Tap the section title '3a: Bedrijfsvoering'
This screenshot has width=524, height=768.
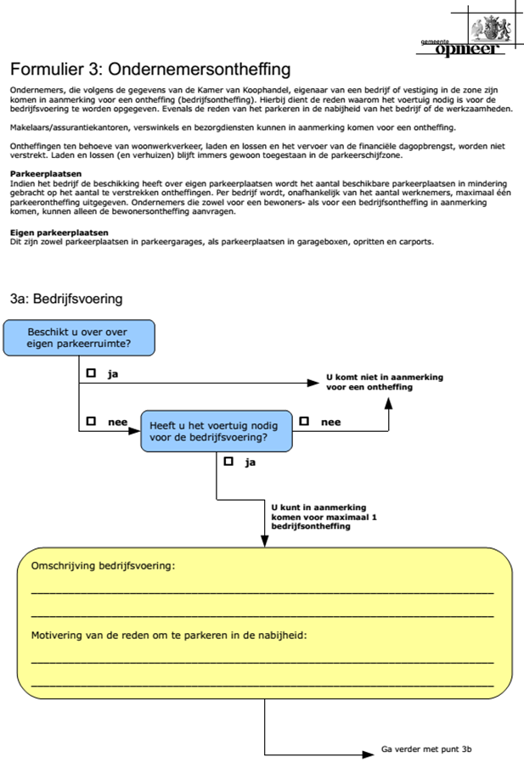tap(66, 299)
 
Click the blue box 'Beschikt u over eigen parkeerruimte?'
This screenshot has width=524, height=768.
tap(79, 338)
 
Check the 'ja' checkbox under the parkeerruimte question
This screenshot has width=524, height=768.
tap(90, 373)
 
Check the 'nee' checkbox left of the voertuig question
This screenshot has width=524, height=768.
tap(90, 421)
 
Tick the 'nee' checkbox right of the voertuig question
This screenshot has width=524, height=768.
tap(303, 421)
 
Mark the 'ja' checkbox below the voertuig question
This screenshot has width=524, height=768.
tap(228, 462)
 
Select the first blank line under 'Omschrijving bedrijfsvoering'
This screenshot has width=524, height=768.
tap(262, 591)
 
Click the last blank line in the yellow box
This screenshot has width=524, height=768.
tap(262, 684)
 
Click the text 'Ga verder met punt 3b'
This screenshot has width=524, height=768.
tap(425, 751)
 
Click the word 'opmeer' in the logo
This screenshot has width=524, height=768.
tap(468, 50)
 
